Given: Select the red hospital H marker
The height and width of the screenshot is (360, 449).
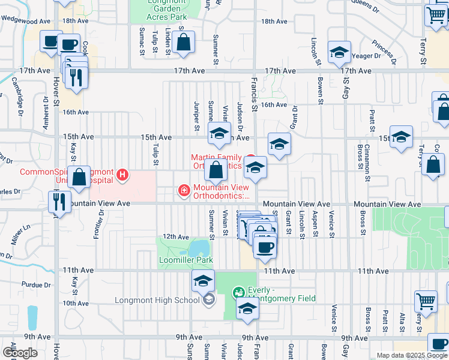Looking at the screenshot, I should click(x=123, y=175).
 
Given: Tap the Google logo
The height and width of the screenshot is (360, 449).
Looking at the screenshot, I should click(x=20, y=353).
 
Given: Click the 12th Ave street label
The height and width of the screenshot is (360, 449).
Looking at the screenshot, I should click(x=176, y=237).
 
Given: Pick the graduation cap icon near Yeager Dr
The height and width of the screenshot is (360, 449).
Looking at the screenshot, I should click(x=339, y=53).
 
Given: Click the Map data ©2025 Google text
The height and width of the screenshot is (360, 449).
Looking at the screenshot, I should click(x=412, y=355).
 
